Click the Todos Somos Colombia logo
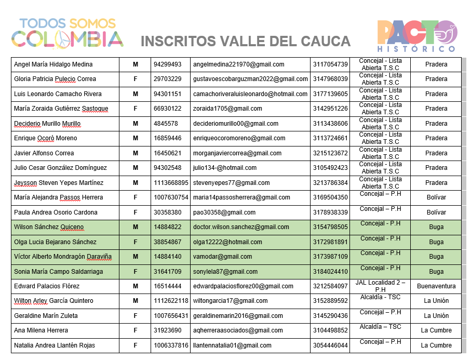[68, 32]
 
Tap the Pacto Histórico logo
[416, 36]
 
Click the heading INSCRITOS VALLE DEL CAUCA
[246, 41]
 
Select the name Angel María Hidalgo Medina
[53, 64]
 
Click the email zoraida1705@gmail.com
[227, 109]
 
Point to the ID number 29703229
[167, 79]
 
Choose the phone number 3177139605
[330, 94]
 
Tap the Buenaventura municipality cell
[436, 286]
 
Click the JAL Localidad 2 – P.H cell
[380, 286]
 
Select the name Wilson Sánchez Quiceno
[48, 227]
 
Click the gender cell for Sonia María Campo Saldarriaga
[136, 272]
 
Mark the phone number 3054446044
[330, 345]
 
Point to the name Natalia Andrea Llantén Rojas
[54, 345]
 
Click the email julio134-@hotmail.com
[225, 168]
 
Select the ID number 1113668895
[171, 183]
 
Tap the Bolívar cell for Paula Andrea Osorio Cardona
[436, 212]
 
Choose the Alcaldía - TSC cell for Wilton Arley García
[380, 298]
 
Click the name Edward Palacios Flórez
[47, 286]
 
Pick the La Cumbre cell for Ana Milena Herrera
[436, 330]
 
